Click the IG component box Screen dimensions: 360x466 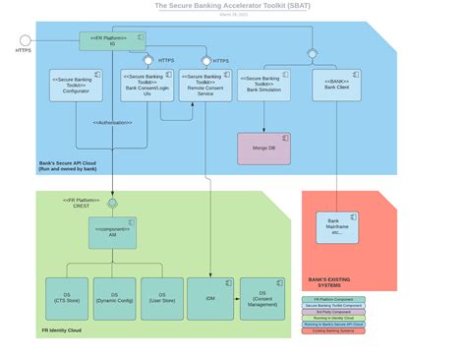coord(112,41)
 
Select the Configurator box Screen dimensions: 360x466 coord(76,86)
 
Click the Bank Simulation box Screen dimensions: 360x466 coord(263,86)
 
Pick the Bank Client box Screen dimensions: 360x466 coord(337,86)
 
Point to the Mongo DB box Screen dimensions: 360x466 coord(263,149)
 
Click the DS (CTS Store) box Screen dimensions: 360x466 coord(66,297)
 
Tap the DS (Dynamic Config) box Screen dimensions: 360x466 coord(114,297)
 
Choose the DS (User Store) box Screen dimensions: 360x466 coord(161,297)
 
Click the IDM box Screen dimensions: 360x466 coord(209,297)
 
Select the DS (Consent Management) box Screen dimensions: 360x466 coord(262,297)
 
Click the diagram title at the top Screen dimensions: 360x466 coord(233,6)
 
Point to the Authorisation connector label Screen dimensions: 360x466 coord(114,122)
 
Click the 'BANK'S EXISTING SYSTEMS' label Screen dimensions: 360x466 coord(329,282)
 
